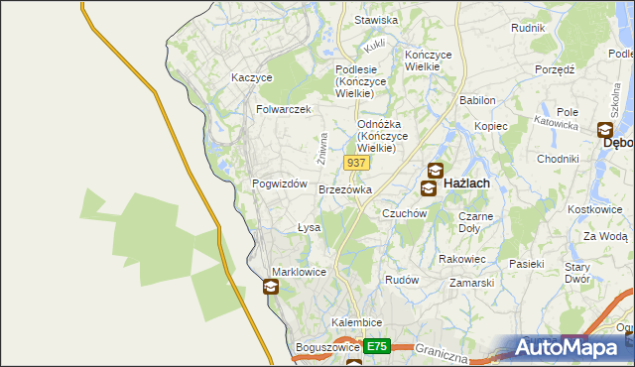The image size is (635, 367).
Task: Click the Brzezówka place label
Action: pyautogui.click(x=345, y=188)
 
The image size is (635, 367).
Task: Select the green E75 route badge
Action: pyautogui.click(x=375, y=346)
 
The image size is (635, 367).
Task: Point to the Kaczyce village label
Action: pyautogui.click(x=251, y=76)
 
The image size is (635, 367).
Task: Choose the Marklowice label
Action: pyautogui.click(x=300, y=272)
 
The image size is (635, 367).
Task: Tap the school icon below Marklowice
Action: pyautogui.click(x=271, y=288)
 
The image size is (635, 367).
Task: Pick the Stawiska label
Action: pyautogui.click(x=376, y=20)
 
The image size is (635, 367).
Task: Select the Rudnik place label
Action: pyautogui.click(x=528, y=28)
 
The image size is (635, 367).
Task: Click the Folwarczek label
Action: pyautogui.click(x=284, y=109)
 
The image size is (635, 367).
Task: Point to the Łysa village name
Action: pyautogui.click(x=309, y=227)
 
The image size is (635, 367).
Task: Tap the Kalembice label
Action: pyautogui.click(x=357, y=324)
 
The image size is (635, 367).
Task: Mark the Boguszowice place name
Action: pyautogui.click(x=326, y=348)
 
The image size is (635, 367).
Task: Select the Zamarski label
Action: pyautogui.click(x=471, y=283)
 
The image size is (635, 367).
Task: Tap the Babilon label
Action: pyautogui.click(x=478, y=101)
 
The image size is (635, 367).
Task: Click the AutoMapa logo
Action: pyautogui.click(x=570, y=347)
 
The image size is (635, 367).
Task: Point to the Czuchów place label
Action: pyautogui.click(x=404, y=213)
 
